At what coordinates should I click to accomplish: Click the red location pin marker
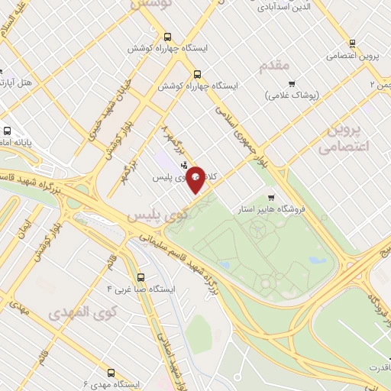pos(196,178)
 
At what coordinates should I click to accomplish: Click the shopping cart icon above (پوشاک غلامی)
pos(292,82)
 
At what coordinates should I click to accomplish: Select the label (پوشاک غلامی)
pos(296,95)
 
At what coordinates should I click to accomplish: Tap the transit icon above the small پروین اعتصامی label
pos(352,44)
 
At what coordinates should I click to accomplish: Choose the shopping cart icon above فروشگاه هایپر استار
pos(271,197)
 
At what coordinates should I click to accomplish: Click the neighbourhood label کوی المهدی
pos(82,312)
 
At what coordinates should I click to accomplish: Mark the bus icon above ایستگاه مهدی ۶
pos(111,373)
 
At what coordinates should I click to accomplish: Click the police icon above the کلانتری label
pos(183,165)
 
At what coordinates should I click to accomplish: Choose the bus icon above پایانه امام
pos(5,131)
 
